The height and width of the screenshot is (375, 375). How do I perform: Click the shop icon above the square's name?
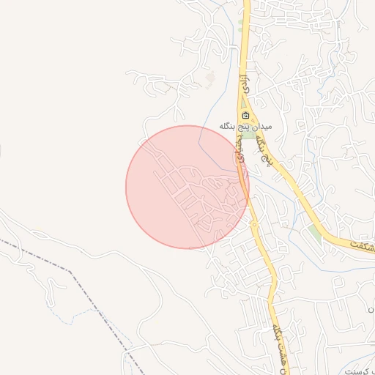pyautogui.click(x=245, y=116)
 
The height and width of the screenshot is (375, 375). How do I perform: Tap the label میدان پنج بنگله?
pyautogui.click(x=245, y=126)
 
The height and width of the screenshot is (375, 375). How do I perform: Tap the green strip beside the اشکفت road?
pyautogui.click(x=315, y=233)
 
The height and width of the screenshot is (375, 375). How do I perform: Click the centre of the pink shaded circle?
pyautogui.click(x=187, y=187)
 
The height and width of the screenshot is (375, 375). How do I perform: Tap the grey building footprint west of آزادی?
pyautogui.click(x=212, y=76)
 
